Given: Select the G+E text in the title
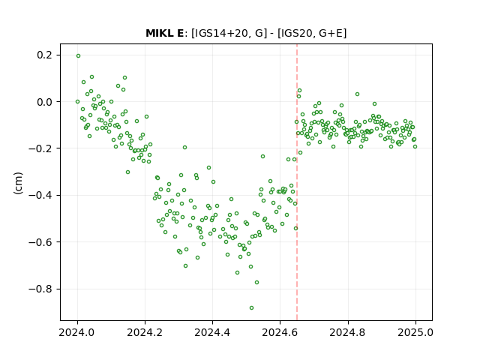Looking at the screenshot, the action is [331, 33].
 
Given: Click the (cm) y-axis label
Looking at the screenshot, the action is [18, 183].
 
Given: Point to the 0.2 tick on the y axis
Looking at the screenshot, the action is [45, 55].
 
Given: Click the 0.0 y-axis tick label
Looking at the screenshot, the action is [45, 102].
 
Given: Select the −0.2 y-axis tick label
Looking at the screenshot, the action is [40, 148].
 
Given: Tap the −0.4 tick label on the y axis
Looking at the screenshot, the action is [40, 195].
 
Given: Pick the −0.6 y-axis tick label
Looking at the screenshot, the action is [40, 242].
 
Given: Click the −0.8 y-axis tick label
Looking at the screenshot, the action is [40, 289].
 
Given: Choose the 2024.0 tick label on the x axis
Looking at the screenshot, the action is [77, 332].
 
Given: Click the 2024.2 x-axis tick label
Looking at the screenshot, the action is [145, 332].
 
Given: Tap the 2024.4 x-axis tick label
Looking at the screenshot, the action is [212, 332].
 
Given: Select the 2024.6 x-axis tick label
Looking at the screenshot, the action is [280, 332].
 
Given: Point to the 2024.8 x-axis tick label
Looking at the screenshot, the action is [348, 332].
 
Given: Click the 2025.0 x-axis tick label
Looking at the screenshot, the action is [415, 332].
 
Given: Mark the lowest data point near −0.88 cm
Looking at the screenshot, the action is [252, 308].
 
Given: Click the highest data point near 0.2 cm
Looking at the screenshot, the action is [78, 56].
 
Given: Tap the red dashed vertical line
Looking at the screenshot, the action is [297, 182].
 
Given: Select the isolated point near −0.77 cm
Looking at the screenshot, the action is [256, 282].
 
